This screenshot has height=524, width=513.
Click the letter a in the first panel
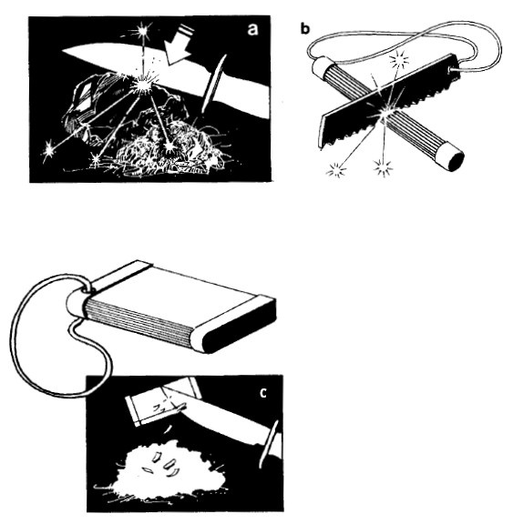252,29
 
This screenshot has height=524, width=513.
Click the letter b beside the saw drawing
305,29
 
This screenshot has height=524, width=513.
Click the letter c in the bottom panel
263,393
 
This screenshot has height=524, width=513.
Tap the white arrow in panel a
179,46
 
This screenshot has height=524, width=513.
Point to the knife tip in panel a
63,51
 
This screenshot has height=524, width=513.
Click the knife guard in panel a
213,84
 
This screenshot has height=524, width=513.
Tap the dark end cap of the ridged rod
452,158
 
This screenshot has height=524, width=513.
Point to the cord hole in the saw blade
452,69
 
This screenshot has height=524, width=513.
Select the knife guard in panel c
269,445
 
